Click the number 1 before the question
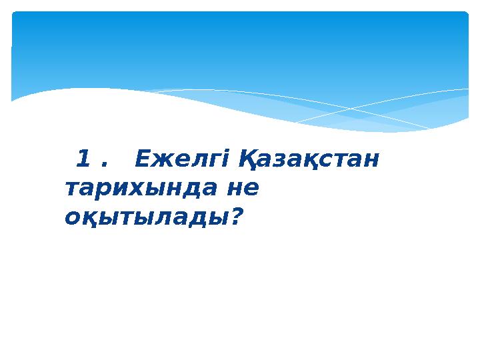(84, 159)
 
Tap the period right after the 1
(103, 165)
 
